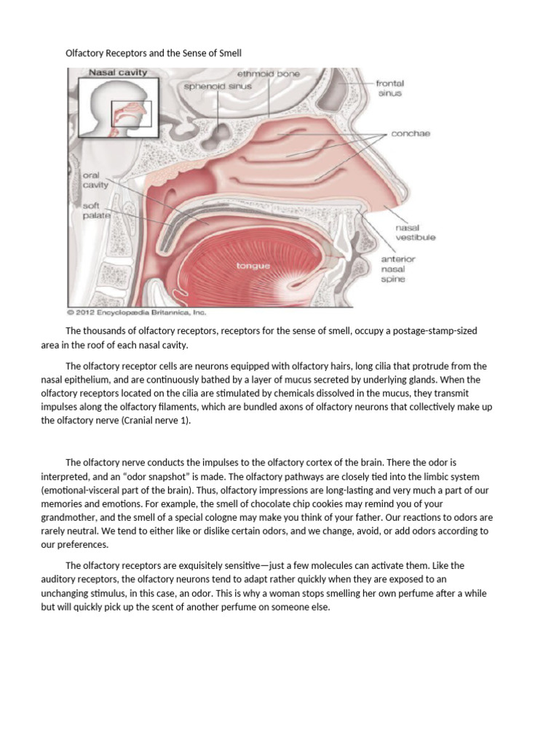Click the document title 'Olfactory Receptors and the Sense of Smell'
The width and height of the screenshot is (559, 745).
(x=153, y=54)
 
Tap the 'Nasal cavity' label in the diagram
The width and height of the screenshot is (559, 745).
(x=118, y=73)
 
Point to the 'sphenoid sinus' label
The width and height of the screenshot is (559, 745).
(x=218, y=86)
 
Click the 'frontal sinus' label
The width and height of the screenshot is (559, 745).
(x=389, y=88)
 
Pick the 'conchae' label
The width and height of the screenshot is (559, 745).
(x=411, y=134)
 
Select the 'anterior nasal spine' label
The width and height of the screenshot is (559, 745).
(x=398, y=268)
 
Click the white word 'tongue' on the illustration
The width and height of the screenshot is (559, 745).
(x=253, y=266)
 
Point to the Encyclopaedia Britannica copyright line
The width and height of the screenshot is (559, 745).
(x=137, y=313)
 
